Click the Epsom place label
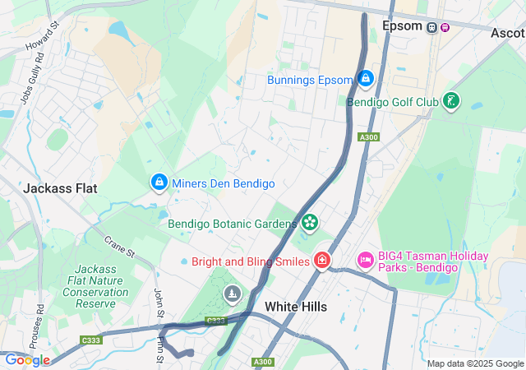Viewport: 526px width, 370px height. [403, 26]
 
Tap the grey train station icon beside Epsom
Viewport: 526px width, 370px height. [431, 26]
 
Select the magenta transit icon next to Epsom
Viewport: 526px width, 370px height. [445, 26]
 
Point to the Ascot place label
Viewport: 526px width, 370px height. [507, 33]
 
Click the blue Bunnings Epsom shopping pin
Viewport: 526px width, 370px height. [366, 79]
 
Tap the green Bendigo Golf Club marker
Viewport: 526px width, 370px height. [450, 101]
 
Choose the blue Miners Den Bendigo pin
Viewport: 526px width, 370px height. [158, 182]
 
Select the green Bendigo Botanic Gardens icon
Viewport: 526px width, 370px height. [310, 222]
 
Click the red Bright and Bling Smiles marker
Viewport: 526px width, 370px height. [322, 261]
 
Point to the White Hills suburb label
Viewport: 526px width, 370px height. [295, 307]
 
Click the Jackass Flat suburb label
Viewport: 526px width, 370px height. [60, 187]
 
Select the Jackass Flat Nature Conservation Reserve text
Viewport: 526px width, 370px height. [95, 286]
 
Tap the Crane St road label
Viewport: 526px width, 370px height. [119, 246]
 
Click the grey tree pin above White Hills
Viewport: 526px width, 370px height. [233, 294]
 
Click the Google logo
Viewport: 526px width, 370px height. [26, 359]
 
